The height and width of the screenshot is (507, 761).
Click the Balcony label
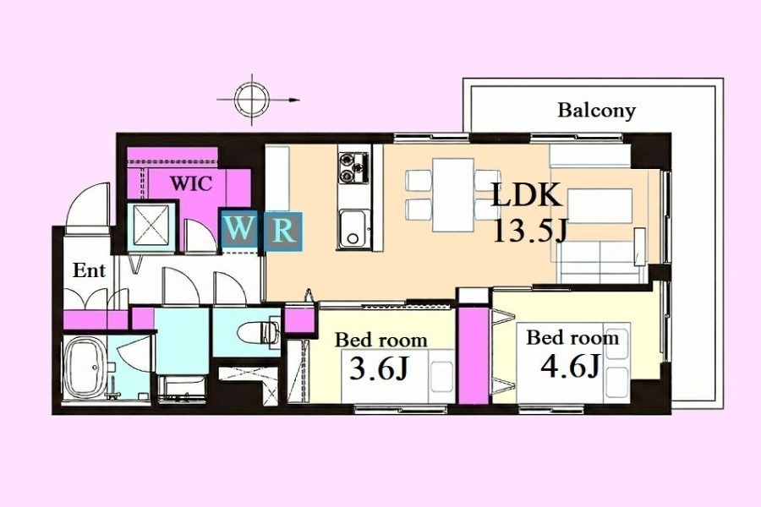pos(596,111)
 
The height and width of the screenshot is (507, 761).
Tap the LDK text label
pos(526,194)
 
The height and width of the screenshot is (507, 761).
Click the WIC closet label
pos(191,183)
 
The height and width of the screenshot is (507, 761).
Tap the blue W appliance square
pos(238,230)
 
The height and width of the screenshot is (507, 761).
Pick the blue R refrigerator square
pos(283,232)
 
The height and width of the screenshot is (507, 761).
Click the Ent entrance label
pos(89,270)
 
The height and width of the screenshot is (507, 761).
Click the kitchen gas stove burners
pos(353,168)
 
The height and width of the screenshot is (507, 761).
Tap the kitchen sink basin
pos(353,228)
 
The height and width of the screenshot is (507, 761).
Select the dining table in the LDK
pos(453,194)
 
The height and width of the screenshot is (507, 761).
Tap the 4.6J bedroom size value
pos(570,365)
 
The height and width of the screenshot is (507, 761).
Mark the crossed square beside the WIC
pos(151,226)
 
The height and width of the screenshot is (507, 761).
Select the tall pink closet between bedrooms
pos(474,354)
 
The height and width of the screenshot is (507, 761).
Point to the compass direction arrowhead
pos(294,100)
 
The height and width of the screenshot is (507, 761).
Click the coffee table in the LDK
pos(599,205)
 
